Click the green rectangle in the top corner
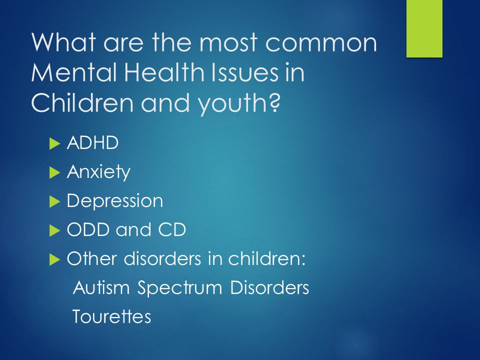[424, 28]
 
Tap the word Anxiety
[98, 172]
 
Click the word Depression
[114, 201]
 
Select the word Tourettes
[111, 316]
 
